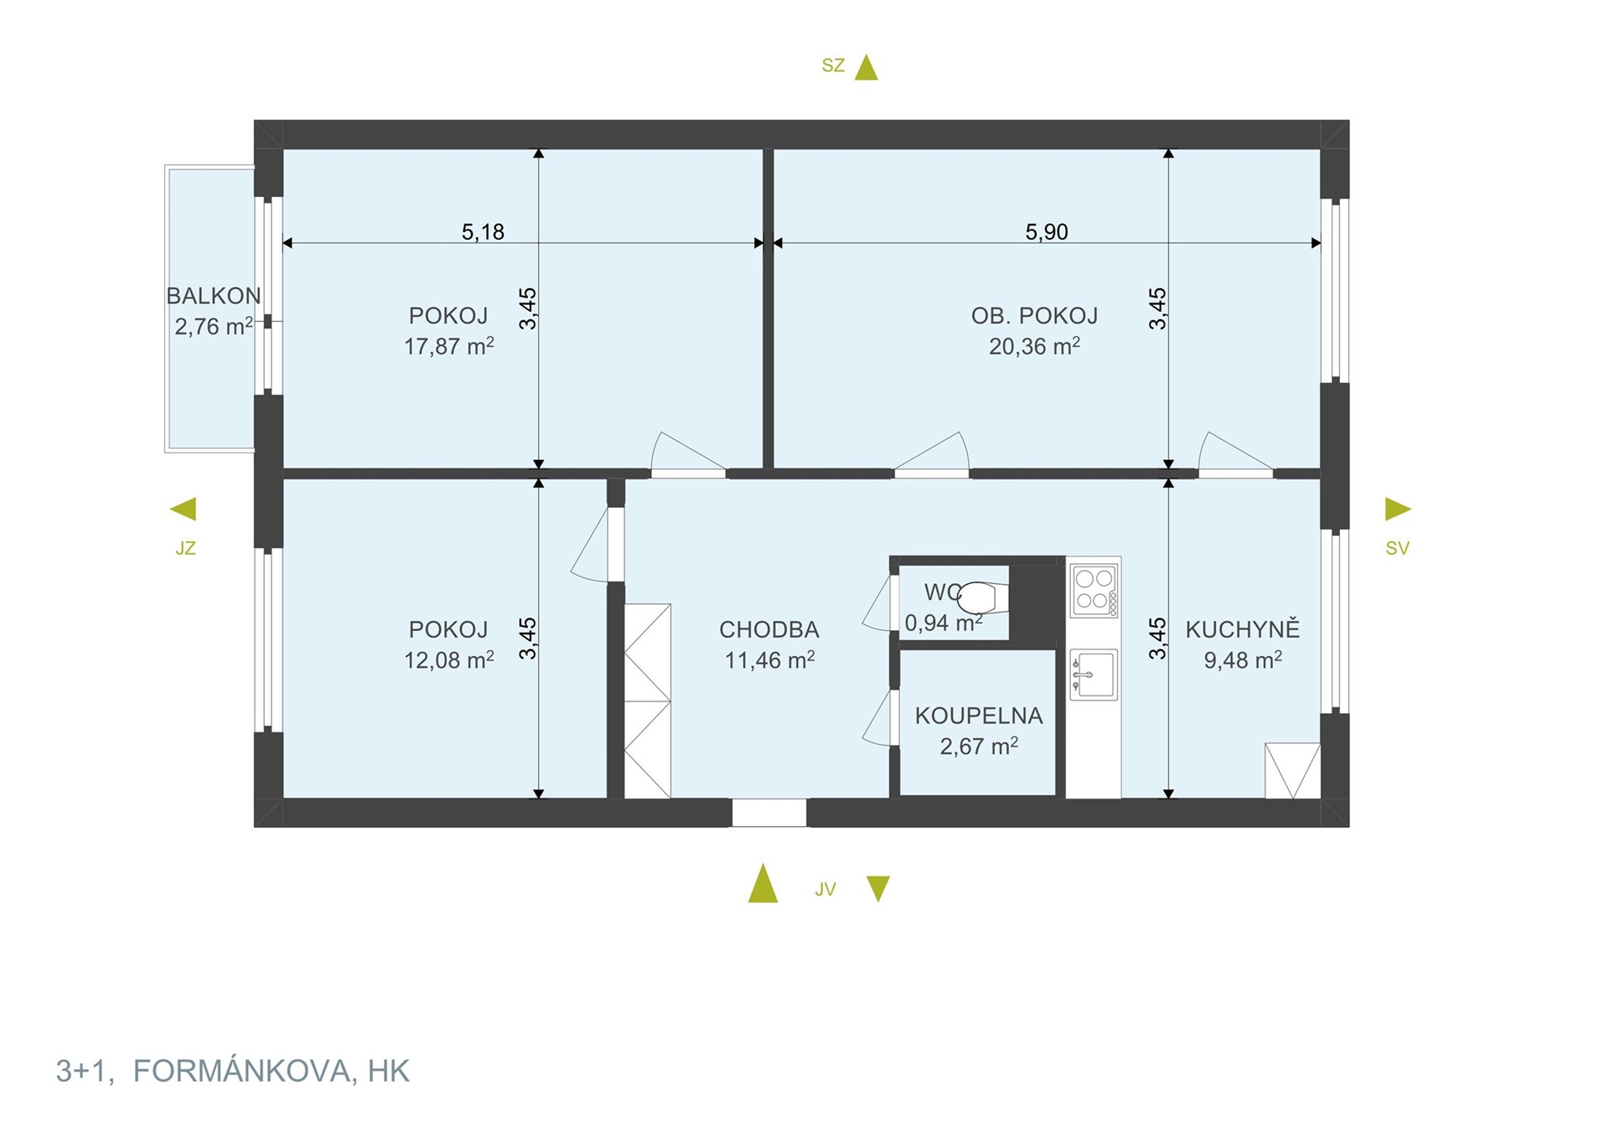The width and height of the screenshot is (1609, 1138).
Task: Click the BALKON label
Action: tap(214, 296)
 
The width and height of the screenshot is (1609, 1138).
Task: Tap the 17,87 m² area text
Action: tap(449, 345)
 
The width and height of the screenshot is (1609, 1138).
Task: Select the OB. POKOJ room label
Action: tap(1034, 316)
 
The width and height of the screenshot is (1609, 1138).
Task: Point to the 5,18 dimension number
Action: tap(484, 231)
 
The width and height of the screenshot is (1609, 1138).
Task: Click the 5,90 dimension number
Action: tap(1047, 231)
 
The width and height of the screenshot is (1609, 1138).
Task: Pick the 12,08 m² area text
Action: tap(449, 660)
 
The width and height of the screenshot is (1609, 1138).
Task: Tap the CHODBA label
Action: tap(769, 629)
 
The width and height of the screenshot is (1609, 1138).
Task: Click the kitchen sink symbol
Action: tap(1094, 675)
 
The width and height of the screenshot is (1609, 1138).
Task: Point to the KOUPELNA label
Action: tap(979, 716)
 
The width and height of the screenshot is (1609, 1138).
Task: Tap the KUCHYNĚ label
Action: tap(1243, 628)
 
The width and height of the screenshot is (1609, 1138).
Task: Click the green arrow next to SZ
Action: tap(867, 67)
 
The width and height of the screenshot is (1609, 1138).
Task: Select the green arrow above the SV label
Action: tap(1398, 509)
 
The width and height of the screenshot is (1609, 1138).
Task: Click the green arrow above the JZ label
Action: tap(184, 509)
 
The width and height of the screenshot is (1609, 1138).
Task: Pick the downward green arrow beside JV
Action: tap(878, 889)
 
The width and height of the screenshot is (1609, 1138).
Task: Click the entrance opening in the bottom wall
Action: tap(769, 813)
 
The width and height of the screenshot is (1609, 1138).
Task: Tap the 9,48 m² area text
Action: tap(1243, 660)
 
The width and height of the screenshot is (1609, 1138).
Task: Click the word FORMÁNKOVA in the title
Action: tap(242, 1071)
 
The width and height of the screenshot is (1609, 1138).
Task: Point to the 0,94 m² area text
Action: tap(944, 623)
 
